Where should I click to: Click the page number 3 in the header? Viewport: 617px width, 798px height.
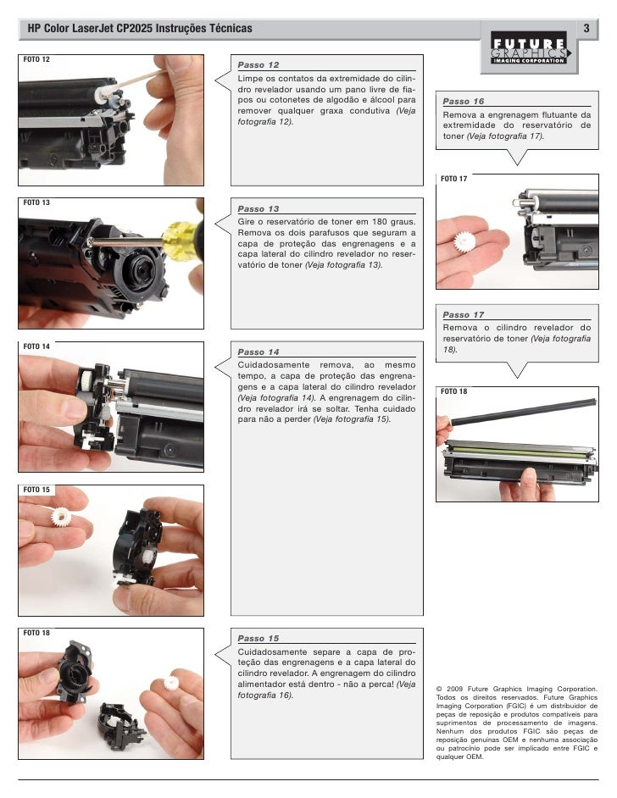click(x=586, y=28)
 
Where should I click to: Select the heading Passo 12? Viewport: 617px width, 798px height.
click(x=258, y=65)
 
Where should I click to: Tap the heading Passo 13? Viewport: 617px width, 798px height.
click(x=258, y=208)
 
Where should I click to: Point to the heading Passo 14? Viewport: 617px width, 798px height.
click(x=258, y=352)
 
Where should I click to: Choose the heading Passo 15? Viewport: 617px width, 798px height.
click(x=258, y=638)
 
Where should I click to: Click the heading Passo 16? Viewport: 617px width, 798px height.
click(x=464, y=102)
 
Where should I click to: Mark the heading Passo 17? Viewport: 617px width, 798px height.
click(x=464, y=314)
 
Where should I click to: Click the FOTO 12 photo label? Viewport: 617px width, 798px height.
click(x=36, y=59)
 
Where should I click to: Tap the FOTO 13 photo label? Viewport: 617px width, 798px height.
click(x=36, y=202)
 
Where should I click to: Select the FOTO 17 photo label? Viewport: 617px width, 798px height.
click(x=453, y=179)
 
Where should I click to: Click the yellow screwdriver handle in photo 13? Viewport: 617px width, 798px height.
click(x=181, y=241)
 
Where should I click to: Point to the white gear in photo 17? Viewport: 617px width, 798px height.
click(x=464, y=241)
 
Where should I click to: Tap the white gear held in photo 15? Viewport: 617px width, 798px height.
click(x=61, y=517)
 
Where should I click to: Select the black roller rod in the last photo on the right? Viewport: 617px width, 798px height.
click(x=523, y=413)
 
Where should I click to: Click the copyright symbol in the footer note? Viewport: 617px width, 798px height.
click(x=439, y=689)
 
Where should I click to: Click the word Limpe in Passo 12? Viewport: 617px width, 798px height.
click(x=248, y=79)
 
